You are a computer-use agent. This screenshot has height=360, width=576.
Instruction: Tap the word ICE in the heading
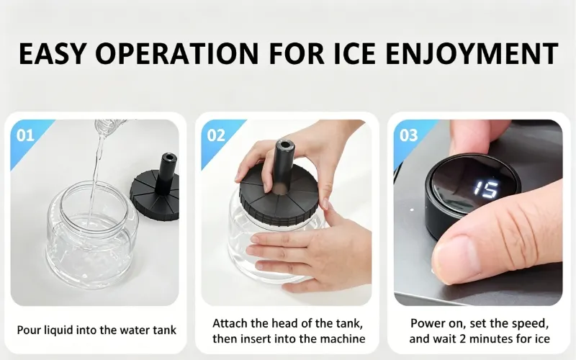point(354,53)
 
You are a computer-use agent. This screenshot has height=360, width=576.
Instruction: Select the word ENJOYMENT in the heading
point(472,53)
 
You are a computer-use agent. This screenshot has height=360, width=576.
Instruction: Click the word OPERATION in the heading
point(177,53)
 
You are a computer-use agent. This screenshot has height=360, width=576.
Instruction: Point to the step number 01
point(25,135)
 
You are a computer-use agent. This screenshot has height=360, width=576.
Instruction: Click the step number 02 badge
point(216,135)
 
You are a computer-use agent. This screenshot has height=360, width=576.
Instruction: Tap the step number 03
point(408,135)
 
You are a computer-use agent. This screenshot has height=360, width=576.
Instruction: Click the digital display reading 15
point(485,189)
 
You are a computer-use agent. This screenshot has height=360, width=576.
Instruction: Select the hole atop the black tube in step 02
point(284,145)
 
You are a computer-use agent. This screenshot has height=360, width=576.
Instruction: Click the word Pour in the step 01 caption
point(29,330)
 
